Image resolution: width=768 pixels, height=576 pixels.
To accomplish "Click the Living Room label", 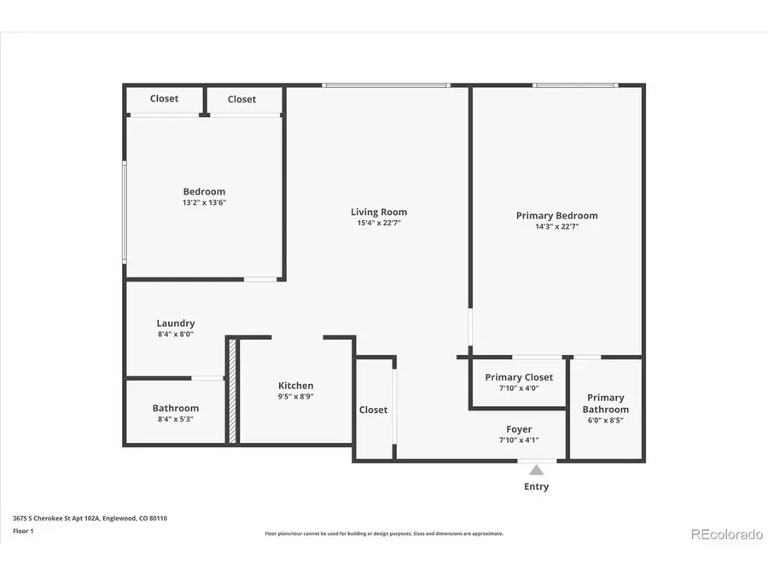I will (379, 212).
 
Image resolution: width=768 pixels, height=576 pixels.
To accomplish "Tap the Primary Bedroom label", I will (556, 216).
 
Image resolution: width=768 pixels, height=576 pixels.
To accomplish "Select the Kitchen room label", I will (295, 386).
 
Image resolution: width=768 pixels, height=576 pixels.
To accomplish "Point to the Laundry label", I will (176, 323).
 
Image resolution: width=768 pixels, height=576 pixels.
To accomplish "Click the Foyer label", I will (519, 429).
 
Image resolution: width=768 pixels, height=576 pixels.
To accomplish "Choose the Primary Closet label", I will (519, 377).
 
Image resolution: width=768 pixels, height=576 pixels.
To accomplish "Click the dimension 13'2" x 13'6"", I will (204, 203).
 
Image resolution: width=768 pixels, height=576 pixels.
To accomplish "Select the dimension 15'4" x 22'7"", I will (379, 223).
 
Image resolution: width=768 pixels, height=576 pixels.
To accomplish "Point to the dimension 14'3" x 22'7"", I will (556, 227).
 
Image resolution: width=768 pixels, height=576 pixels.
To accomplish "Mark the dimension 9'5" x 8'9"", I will (295, 397).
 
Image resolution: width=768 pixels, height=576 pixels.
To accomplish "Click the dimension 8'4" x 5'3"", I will (176, 419).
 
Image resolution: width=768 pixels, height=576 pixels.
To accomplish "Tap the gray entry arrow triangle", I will (536, 469).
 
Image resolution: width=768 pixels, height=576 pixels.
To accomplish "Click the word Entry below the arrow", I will (536, 486).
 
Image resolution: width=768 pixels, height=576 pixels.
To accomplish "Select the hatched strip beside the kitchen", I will (231, 390).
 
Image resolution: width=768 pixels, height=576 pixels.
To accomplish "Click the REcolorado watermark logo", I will (726, 534).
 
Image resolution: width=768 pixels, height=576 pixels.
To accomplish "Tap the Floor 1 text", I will (23, 530).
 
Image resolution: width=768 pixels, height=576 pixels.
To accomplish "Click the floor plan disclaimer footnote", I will (384, 533).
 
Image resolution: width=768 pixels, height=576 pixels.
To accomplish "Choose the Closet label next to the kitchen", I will (373, 410).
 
